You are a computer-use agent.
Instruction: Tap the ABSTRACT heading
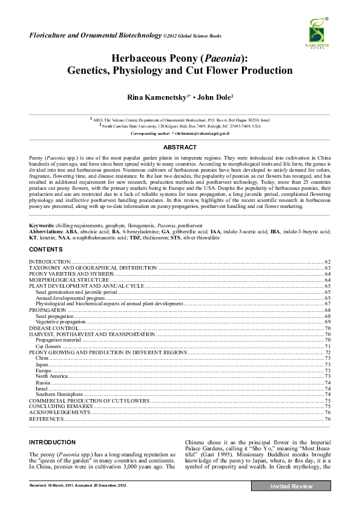(x=180, y=147)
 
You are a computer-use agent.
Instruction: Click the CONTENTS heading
(x=45, y=249)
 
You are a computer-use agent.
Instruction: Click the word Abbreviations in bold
(x=47, y=231)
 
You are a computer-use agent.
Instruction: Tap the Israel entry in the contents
(x=42, y=388)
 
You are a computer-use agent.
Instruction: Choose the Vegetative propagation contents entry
(x=61, y=322)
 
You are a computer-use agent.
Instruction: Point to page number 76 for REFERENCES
(x=327, y=418)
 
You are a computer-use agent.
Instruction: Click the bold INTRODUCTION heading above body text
(x=53, y=443)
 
